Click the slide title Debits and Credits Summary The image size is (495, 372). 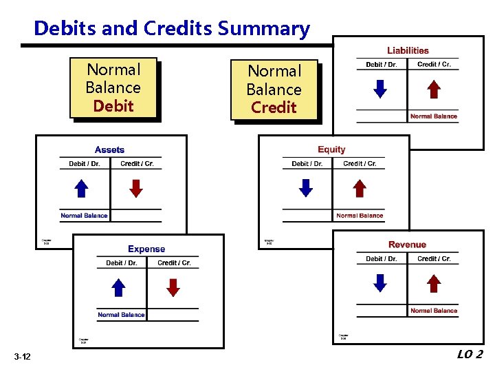tap(171, 28)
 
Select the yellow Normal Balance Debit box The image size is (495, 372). tap(113, 88)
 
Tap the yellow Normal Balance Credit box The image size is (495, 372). tap(274, 90)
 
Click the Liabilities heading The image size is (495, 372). tap(408, 50)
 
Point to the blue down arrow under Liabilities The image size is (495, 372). tap(379, 90)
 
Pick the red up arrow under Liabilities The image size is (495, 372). tap(433, 90)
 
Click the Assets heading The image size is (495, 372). tap(110, 149)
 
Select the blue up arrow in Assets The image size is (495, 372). tap(81, 188)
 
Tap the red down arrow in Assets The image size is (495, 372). tap(136, 188)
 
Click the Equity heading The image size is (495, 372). tap(331, 149)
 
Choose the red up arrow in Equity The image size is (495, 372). tap(360, 188)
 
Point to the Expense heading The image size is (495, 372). tap(146, 249)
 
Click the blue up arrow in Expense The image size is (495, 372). tap(119, 287)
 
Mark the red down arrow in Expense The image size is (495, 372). tap(173, 287)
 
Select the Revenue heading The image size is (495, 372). tap(407, 245)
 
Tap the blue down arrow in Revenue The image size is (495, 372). tap(379, 283)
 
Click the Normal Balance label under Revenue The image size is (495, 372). tap(433, 311)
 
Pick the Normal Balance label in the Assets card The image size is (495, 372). tap(84, 216)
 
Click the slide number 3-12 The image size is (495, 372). tap(21, 355)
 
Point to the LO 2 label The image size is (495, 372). tap(470, 354)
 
